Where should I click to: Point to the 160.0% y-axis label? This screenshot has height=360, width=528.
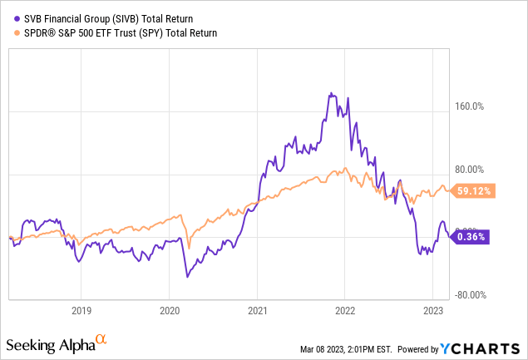pyautogui.click(x=472, y=106)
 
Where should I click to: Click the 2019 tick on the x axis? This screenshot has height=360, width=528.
pyautogui.click(x=81, y=307)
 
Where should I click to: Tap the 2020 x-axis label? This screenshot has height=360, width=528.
pyautogui.click(x=169, y=307)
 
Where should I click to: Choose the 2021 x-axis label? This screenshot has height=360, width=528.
pyautogui.click(x=257, y=307)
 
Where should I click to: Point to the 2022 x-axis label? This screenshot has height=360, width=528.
pyautogui.click(x=345, y=307)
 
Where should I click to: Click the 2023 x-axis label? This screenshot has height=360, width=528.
pyautogui.click(x=432, y=307)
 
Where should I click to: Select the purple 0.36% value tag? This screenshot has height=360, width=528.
pyautogui.click(x=471, y=237)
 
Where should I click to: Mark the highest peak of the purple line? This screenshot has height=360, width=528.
pyautogui.click(x=331, y=93)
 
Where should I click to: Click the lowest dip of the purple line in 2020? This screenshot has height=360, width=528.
pyautogui.click(x=187, y=276)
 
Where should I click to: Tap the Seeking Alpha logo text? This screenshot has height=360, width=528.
pyautogui.click(x=49, y=343)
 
